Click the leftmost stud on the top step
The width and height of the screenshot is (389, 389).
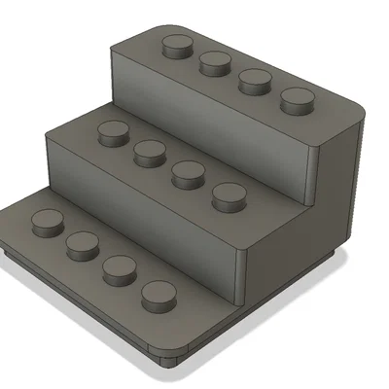point(176,45)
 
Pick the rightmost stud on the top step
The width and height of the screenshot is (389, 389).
point(297,99)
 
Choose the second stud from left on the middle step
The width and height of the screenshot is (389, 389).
point(149,151)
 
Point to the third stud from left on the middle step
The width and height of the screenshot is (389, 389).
point(187,173)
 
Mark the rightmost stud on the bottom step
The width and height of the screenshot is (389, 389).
point(158,296)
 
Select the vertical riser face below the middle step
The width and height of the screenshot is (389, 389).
point(146,209)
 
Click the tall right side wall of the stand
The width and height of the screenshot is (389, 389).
point(340,185)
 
